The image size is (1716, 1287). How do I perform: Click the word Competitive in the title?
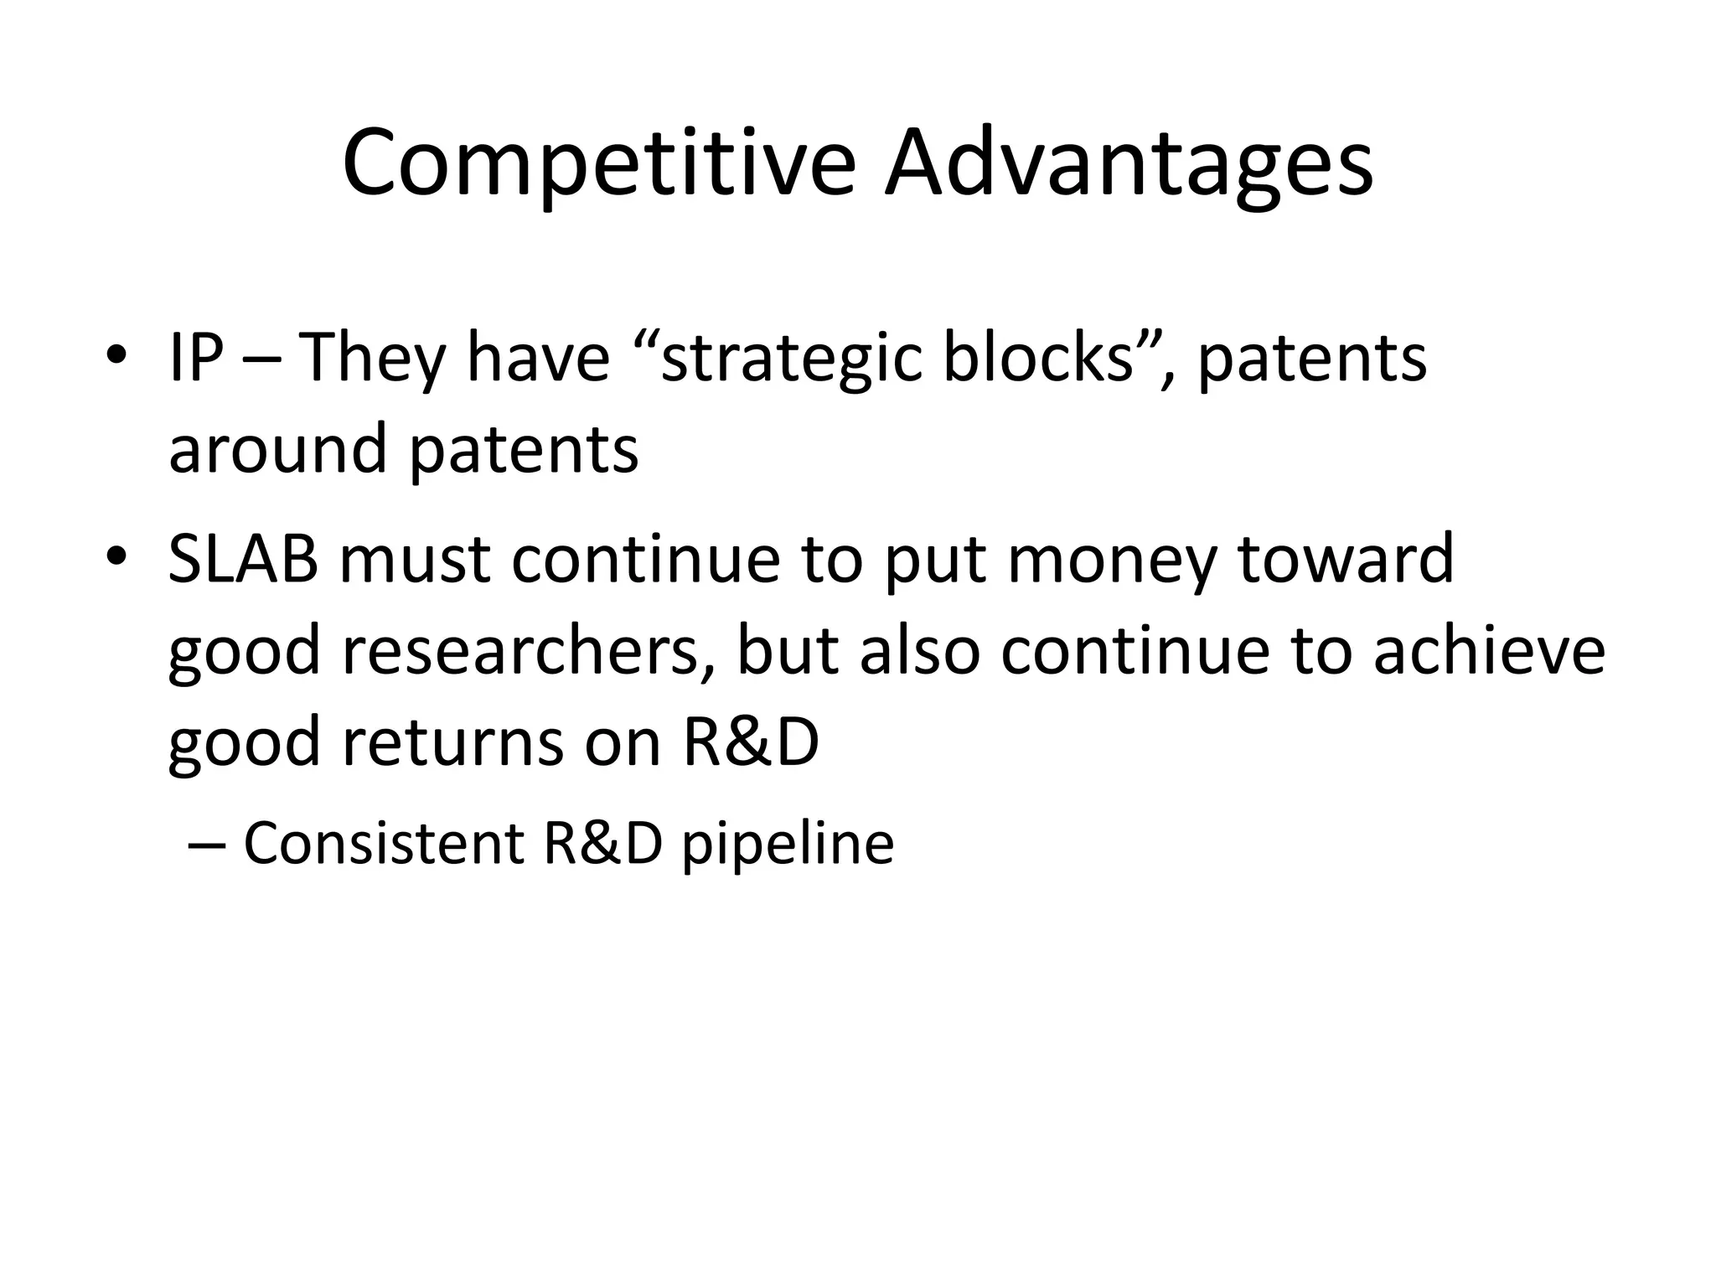point(598,164)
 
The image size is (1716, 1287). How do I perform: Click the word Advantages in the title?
point(1129,164)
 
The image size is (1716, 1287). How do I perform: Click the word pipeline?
point(787,845)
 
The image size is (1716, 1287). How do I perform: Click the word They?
point(371,359)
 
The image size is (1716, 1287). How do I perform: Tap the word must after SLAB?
point(414,560)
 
